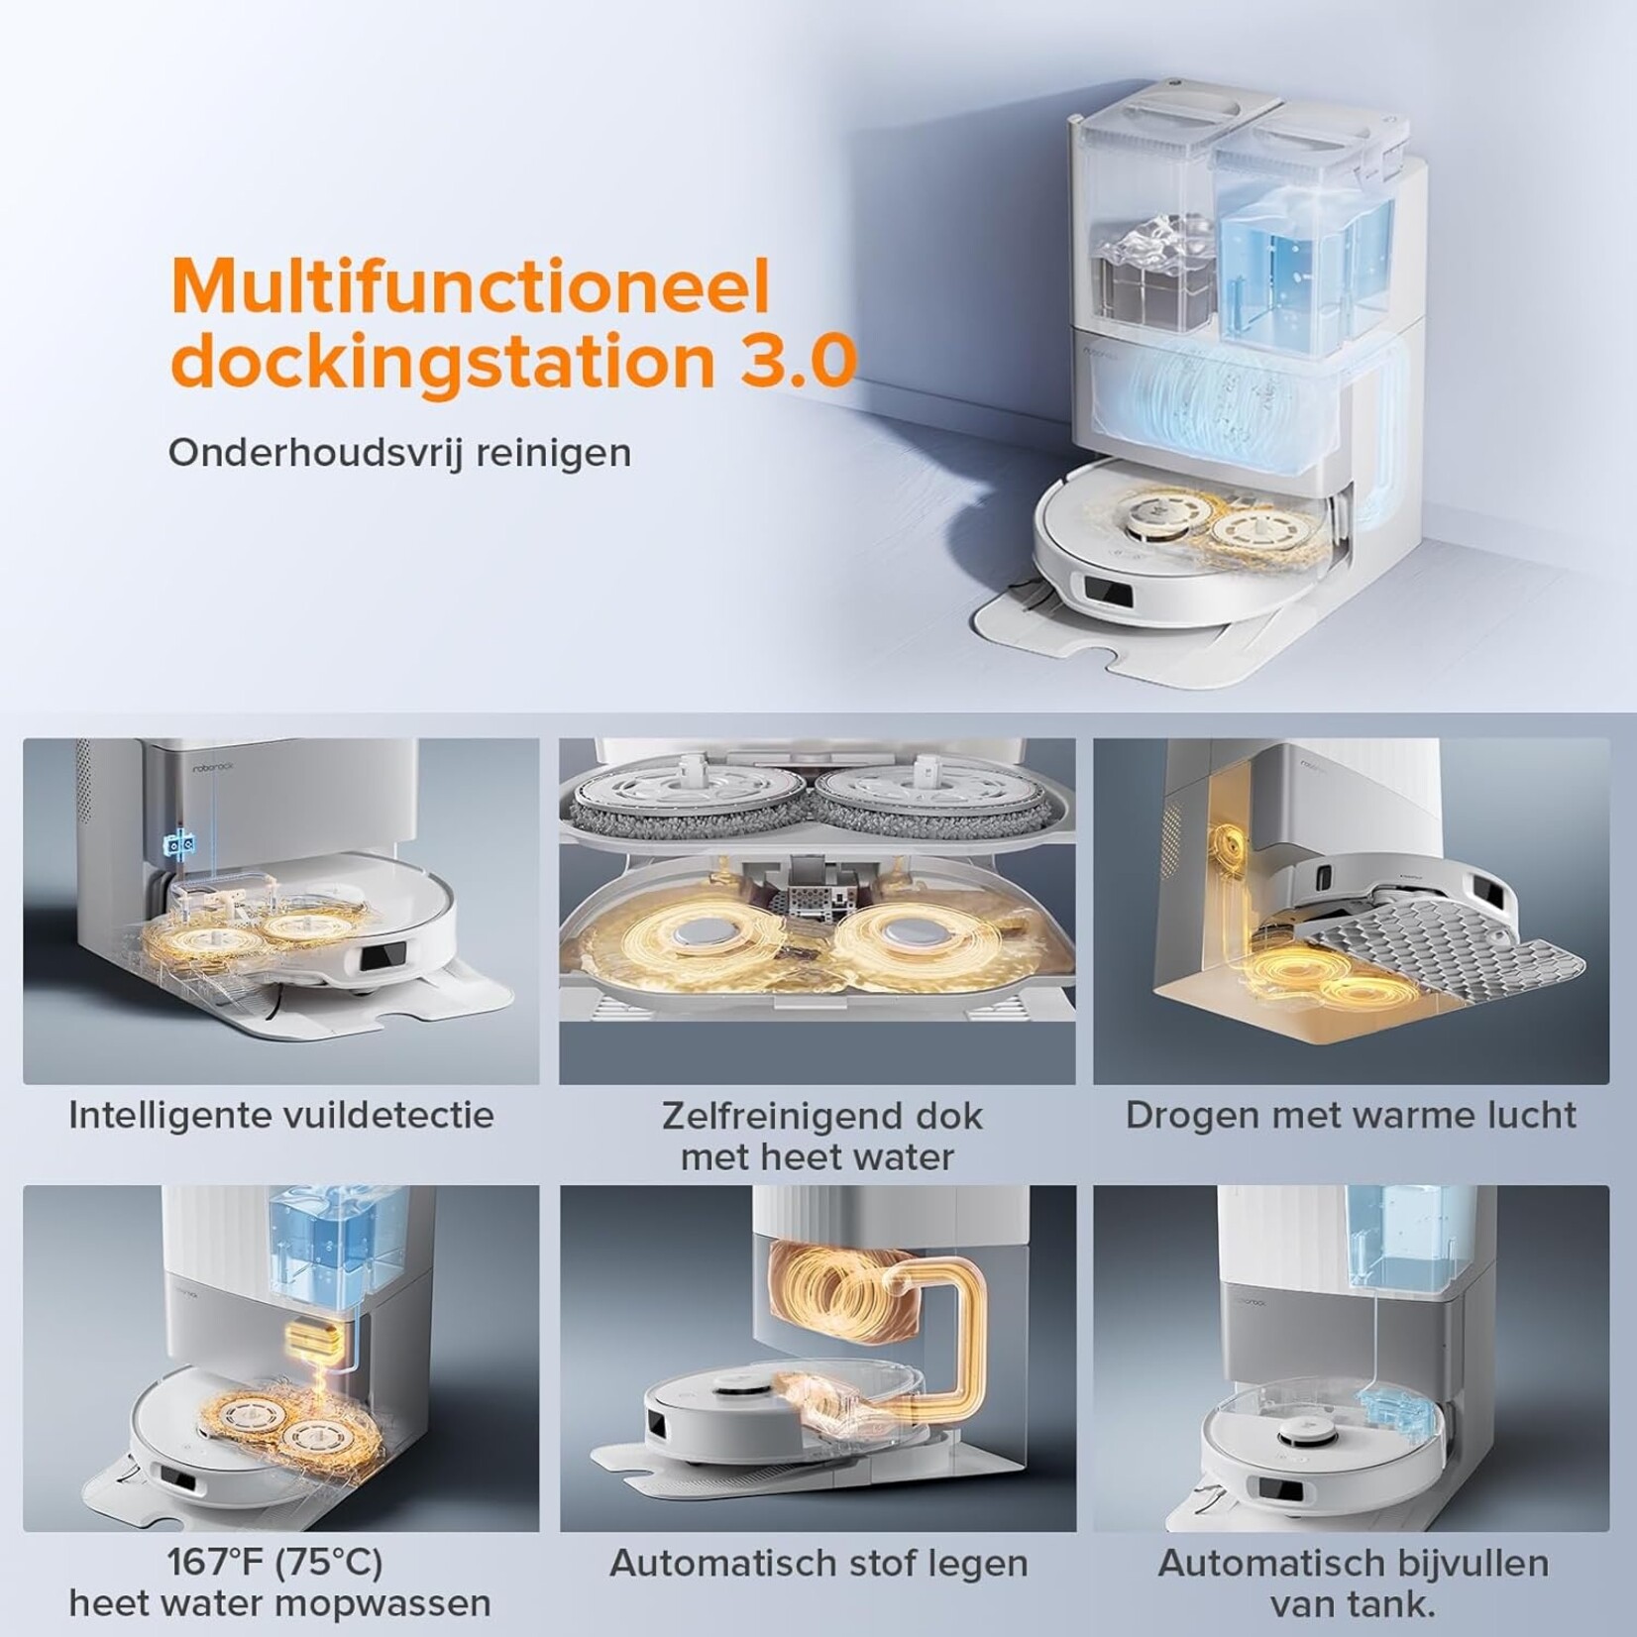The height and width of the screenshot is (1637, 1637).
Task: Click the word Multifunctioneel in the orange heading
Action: pos(471,287)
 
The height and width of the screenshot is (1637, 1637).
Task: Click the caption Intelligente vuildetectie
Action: pos(281,1115)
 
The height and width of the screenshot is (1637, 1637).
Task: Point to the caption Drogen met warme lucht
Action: pos(1351,1115)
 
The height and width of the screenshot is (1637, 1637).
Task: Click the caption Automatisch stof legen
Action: pos(818,1564)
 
